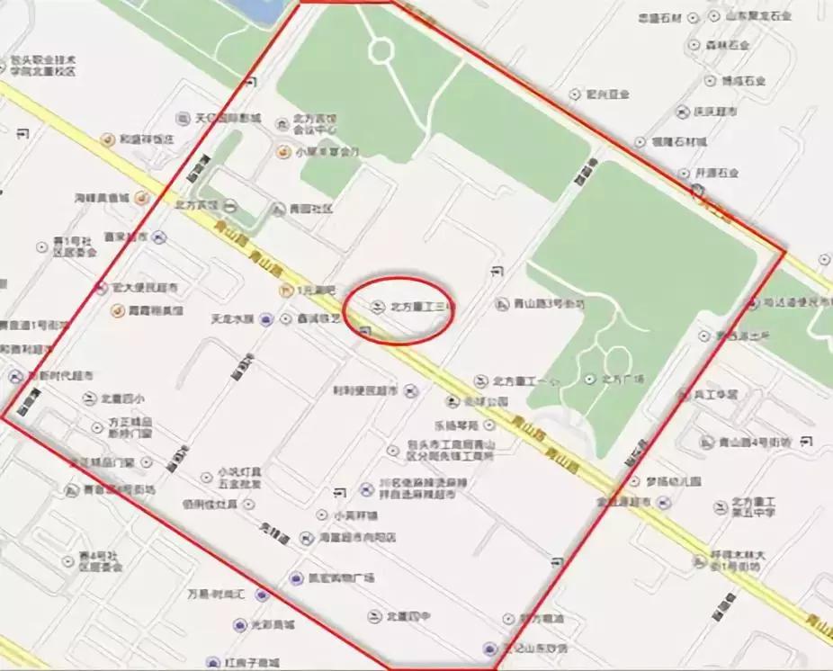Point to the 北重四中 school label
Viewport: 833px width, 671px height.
[x=403, y=616]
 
